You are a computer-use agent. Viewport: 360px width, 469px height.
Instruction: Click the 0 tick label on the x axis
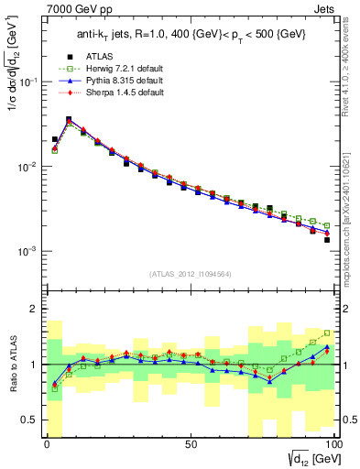click(48, 444)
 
